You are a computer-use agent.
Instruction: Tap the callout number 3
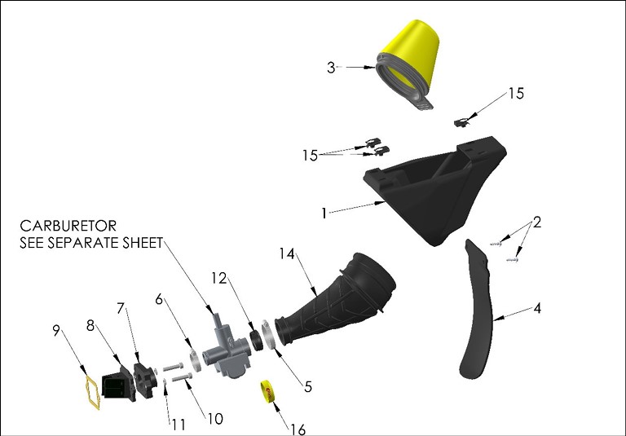click(331, 68)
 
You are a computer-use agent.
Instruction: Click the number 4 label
click(537, 310)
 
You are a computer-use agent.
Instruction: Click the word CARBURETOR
click(69, 225)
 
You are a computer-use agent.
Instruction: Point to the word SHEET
click(142, 243)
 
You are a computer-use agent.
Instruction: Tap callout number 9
click(56, 331)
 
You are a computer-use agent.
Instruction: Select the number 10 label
click(214, 419)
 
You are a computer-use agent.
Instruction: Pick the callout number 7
click(121, 310)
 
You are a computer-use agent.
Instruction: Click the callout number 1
click(324, 213)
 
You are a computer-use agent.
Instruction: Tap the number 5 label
click(307, 388)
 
